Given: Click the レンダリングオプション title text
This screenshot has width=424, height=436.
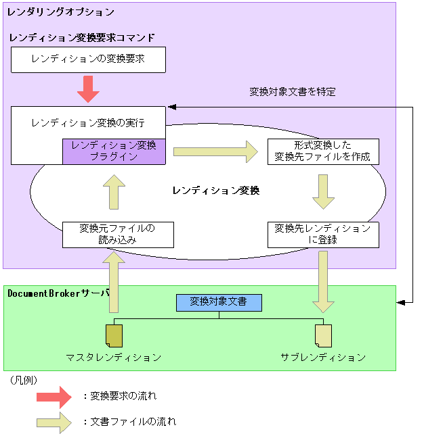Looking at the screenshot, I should pyautogui.click(x=61, y=12).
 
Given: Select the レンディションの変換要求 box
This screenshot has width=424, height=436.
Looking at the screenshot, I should pyautogui.click(x=88, y=59).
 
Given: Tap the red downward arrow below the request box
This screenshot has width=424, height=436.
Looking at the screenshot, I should pyautogui.click(x=88, y=89).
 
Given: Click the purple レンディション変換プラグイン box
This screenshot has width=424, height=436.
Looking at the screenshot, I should pyautogui.click(x=114, y=151).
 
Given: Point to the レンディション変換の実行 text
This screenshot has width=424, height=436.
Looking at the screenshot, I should pyautogui.click(x=88, y=123).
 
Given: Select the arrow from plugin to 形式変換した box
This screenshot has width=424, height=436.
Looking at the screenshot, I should pyautogui.click(x=215, y=151).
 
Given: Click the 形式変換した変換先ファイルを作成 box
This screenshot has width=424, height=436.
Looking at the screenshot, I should pyautogui.click(x=323, y=151).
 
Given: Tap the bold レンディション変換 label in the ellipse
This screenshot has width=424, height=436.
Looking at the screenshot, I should pyautogui.click(x=216, y=191).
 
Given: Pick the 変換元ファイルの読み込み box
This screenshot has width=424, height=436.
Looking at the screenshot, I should pyautogui.click(x=117, y=234).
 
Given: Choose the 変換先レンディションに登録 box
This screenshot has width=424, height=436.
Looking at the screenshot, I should pyautogui.click(x=323, y=234).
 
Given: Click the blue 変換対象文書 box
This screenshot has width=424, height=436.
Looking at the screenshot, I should pyautogui.click(x=219, y=302).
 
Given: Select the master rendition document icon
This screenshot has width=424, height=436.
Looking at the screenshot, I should pyautogui.click(x=114, y=335).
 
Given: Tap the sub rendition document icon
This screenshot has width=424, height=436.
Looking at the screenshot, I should pyautogui.click(x=323, y=335).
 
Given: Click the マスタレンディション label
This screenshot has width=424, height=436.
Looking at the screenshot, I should pyautogui.click(x=114, y=357).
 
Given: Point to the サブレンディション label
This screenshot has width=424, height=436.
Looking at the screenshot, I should pyautogui.click(x=323, y=357).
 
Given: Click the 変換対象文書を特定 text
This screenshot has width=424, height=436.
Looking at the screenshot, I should pyautogui.click(x=293, y=92).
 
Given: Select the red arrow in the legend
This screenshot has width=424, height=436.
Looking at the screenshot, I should pyautogui.click(x=54, y=395).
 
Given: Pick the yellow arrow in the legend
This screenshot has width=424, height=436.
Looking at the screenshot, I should pyautogui.click(x=54, y=422).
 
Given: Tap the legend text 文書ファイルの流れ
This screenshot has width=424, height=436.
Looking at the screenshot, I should pyautogui.click(x=133, y=422).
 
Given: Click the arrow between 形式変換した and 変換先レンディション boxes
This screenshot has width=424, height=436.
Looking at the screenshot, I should pyautogui.click(x=323, y=192).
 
